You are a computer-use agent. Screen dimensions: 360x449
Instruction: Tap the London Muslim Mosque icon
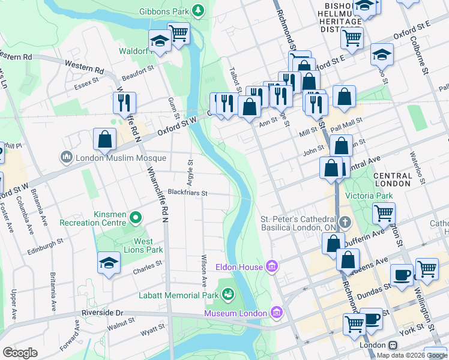(x=66, y=158)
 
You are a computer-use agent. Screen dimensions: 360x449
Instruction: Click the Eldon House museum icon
(x=271, y=266)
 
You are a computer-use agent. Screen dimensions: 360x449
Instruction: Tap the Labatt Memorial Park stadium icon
(x=228, y=294)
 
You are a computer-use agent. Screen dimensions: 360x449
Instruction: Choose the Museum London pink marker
(x=276, y=312)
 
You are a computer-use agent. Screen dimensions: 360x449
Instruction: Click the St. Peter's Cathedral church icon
(x=345, y=223)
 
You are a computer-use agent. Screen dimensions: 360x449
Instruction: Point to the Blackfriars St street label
(x=187, y=193)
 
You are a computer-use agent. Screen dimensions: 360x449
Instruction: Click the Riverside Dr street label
(x=102, y=313)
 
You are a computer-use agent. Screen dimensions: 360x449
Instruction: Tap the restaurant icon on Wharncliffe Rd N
(x=125, y=103)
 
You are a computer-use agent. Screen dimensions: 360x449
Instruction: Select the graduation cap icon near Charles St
(x=109, y=263)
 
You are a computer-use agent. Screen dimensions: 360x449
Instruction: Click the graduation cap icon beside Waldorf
(x=160, y=41)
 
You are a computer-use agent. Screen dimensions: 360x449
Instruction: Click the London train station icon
(x=393, y=346)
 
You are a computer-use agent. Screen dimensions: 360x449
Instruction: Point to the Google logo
(x=20, y=352)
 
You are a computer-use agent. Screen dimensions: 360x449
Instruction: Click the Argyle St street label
(x=191, y=170)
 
